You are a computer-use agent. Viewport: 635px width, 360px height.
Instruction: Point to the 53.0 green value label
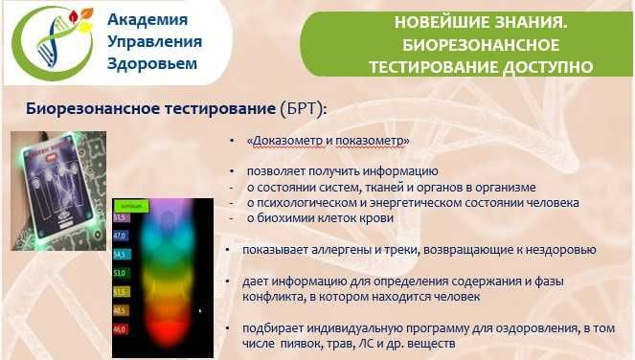122,272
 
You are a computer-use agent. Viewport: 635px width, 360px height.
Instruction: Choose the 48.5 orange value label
122,309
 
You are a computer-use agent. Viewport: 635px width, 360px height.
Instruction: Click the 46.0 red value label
122,328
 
